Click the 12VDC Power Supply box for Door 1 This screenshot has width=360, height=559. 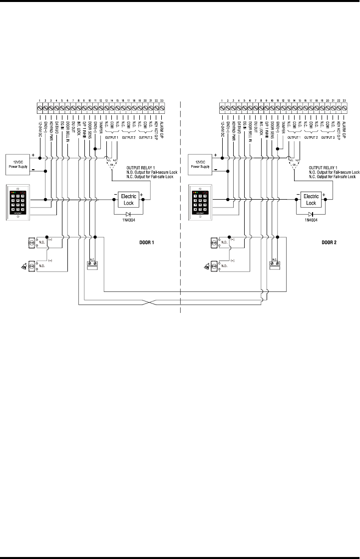[x=19, y=163]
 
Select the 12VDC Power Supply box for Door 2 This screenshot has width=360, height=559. [x=201, y=163]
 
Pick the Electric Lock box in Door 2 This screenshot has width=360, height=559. [x=311, y=200]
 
